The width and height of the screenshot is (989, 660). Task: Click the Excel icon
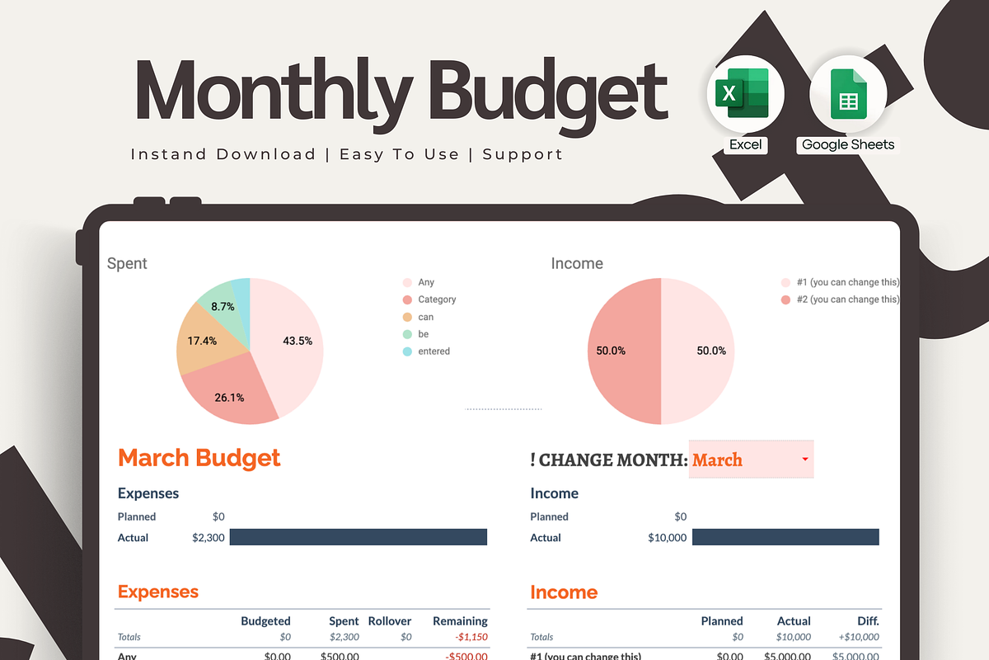click(x=746, y=94)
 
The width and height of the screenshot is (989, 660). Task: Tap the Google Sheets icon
click(x=848, y=94)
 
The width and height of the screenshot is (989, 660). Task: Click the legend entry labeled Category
click(x=436, y=299)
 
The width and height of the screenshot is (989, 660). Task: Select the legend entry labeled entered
click(x=434, y=351)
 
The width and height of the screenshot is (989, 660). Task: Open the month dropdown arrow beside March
click(x=805, y=459)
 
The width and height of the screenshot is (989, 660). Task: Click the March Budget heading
click(x=199, y=458)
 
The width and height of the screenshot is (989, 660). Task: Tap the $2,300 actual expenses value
click(x=209, y=538)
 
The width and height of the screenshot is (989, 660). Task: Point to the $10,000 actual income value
click(x=668, y=538)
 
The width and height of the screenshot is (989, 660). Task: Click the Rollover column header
click(x=390, y=620)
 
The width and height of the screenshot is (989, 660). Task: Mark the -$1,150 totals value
click(x=471, y=637)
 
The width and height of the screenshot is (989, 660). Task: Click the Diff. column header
click(x=867, y=620)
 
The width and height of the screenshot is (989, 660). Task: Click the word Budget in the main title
click(x=550, y=91)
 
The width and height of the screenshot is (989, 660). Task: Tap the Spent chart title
click(x=127, y=263)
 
